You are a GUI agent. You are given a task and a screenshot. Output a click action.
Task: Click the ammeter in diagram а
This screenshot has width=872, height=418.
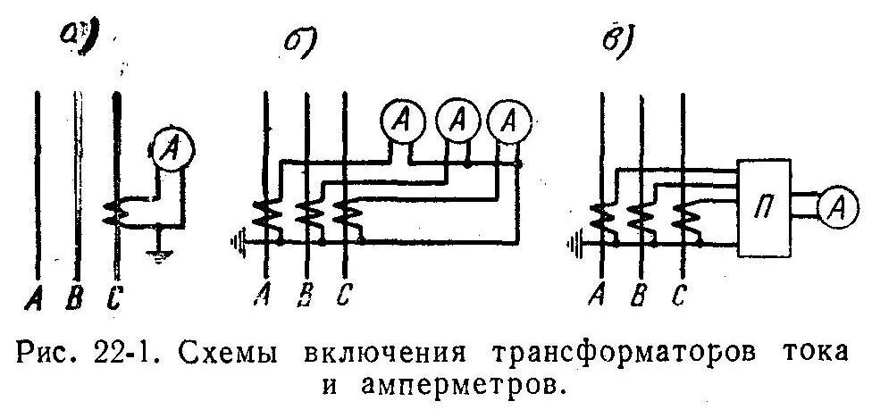coord(167,150)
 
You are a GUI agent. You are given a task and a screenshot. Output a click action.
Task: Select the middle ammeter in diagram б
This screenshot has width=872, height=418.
coord(457,121)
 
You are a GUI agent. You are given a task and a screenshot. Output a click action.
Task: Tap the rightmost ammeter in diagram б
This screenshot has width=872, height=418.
coord(510,121)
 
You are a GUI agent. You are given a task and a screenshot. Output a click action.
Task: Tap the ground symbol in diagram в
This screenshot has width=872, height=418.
coord(575,238)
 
